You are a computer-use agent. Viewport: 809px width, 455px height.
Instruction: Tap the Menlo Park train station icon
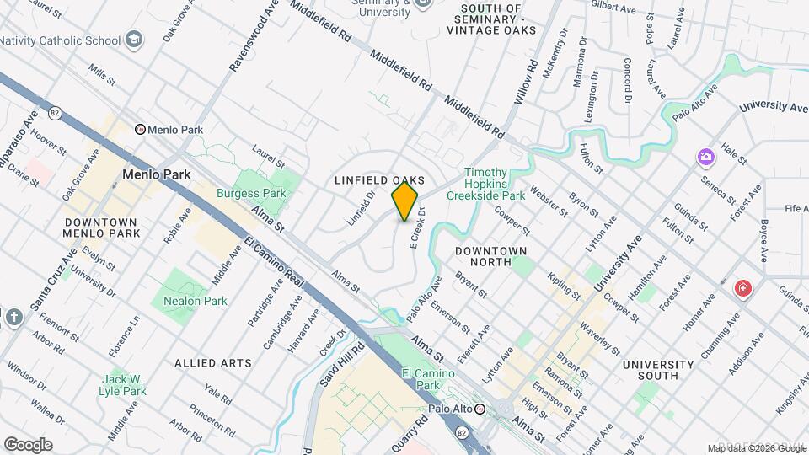(141, 130)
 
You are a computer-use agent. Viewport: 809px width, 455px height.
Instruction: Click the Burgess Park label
(251, 193)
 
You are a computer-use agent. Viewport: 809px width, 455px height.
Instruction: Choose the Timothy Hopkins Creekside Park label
(495, 184)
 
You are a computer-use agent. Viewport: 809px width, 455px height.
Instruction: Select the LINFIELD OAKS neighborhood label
(378, 180)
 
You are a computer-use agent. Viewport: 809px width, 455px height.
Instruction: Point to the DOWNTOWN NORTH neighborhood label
(490, 256)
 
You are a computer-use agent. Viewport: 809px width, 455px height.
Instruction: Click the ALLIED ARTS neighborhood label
(213, 363)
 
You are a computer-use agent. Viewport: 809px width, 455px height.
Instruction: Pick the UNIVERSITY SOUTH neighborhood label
(657, 371)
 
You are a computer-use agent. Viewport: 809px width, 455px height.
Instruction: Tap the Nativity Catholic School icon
(133, 40)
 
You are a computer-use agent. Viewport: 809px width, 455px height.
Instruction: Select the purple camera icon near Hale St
(705, 157)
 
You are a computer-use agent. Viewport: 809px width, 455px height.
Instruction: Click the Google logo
(28, 444)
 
